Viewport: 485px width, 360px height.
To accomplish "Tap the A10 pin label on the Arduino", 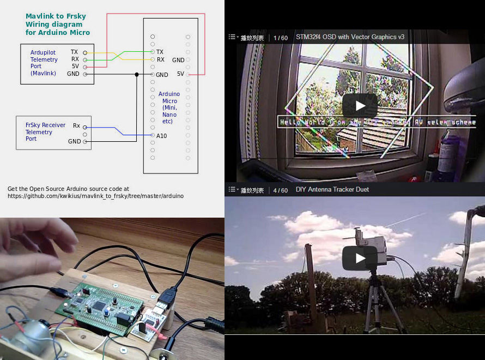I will (x=162, y=135).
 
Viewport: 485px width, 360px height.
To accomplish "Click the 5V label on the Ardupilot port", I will (x=75, y=66).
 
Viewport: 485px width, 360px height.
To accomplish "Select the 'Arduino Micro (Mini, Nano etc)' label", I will (x=169, y=107).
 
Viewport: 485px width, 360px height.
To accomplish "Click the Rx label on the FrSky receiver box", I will (x=77, y=126).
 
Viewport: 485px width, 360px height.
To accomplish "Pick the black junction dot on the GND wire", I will (x=136, y=74).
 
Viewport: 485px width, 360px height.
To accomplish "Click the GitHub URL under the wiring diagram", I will (x=95, y=196).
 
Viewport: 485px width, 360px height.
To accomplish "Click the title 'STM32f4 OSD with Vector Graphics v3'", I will (x=350, y=38).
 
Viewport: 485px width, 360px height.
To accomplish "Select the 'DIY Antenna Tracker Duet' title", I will (x=332, y=190).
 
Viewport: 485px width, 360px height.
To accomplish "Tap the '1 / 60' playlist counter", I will (x=281, y=38).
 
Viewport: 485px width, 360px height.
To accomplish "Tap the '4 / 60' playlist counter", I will (x=281, y=190).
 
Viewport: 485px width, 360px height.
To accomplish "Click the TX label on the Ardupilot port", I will (x=75, y=52).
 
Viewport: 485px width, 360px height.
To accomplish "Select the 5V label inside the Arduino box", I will (x=180, y=74).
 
